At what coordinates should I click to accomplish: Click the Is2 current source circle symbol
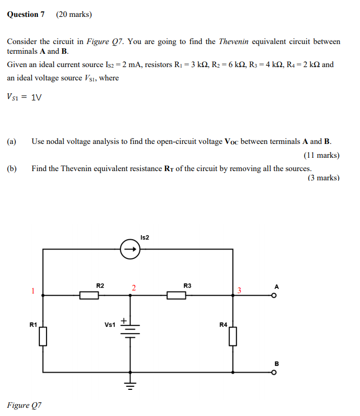point(130,250)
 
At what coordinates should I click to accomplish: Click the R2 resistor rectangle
point(89,295)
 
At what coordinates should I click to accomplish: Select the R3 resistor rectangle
point(176,295)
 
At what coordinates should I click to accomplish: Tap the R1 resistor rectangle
point(43,336)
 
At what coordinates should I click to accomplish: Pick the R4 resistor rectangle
point(233,336)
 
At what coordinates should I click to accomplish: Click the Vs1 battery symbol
point(130,330)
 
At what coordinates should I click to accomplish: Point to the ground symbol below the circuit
point(130,383)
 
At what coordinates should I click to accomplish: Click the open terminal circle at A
point(274,295)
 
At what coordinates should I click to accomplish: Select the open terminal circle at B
point(274,372)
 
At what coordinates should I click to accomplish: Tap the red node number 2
point(133,287)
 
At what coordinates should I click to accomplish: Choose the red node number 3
point(239,290)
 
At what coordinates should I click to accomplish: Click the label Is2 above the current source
point(144,237)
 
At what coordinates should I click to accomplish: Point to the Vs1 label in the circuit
point(110,325)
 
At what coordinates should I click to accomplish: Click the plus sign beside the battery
point(123,320)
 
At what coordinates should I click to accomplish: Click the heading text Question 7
point(26,14)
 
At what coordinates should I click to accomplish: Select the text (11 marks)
point(322,155)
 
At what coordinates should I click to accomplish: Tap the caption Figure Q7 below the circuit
point(24,405)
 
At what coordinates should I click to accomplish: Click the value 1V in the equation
point(36,97)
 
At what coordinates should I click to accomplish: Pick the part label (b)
point(12,168)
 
